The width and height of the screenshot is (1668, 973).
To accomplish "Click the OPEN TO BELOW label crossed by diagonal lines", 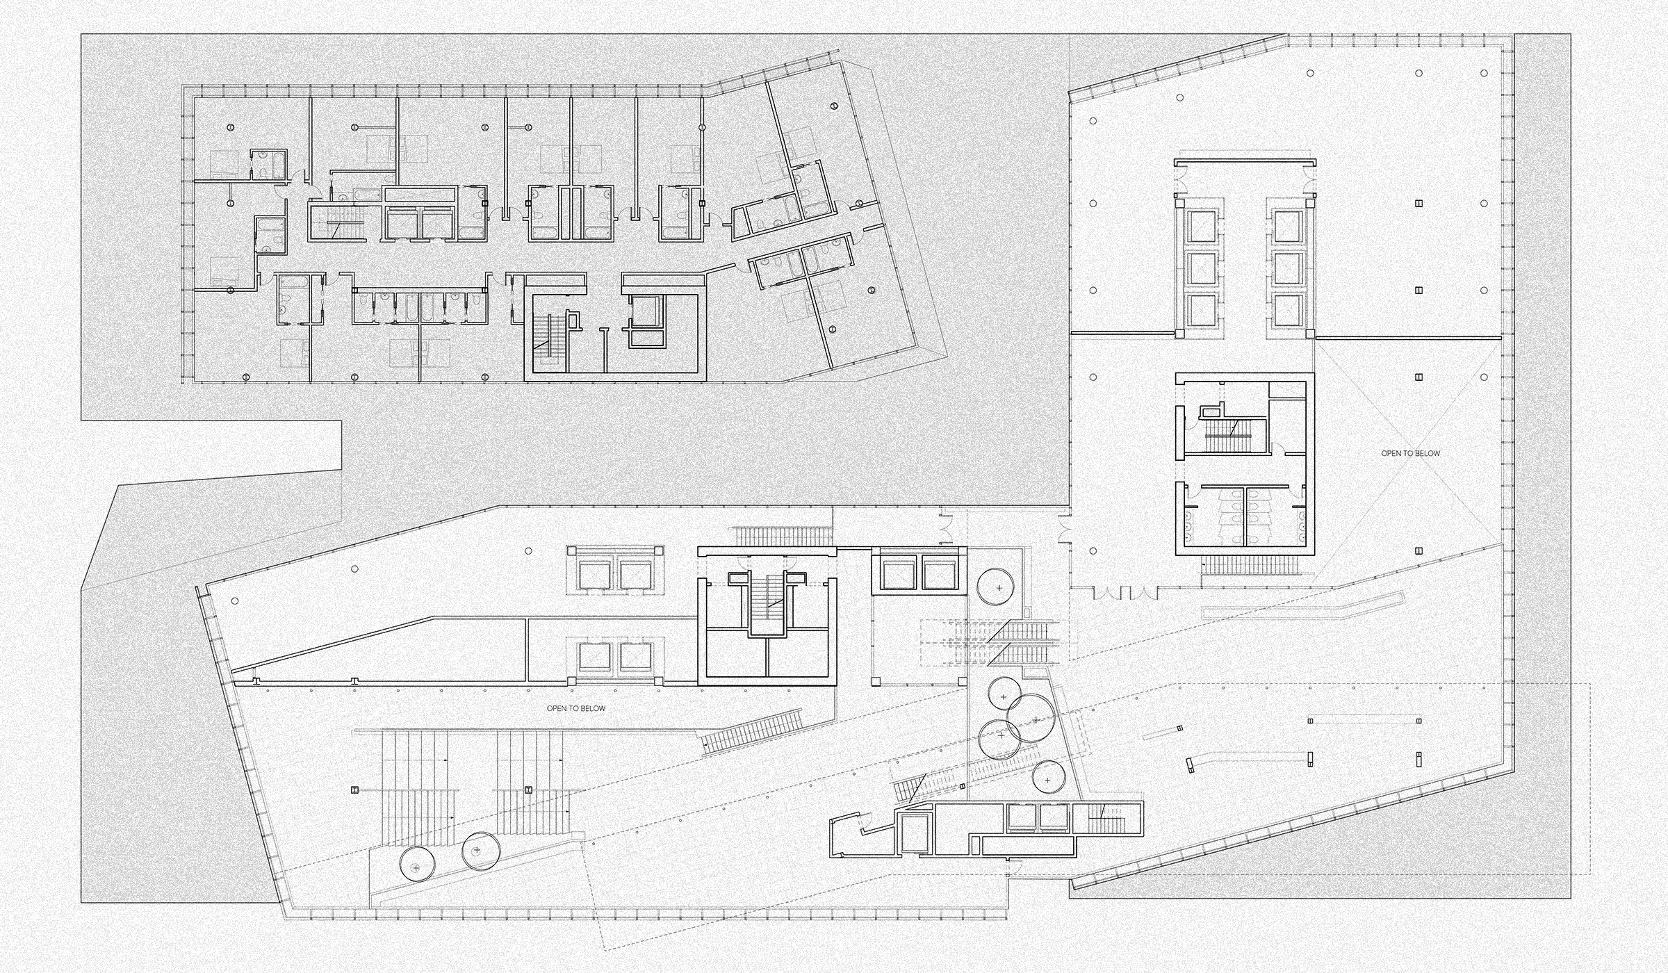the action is pyautogui.click(x=1410, y=453).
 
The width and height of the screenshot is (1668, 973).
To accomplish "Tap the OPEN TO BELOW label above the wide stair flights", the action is pyautogui.click(x=576, y=708).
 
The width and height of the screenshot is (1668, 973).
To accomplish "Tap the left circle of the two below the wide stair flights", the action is pyautogui.click(x=416, y=865).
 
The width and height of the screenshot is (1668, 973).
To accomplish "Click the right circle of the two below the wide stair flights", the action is pyautogui.click(x=477, y=851).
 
